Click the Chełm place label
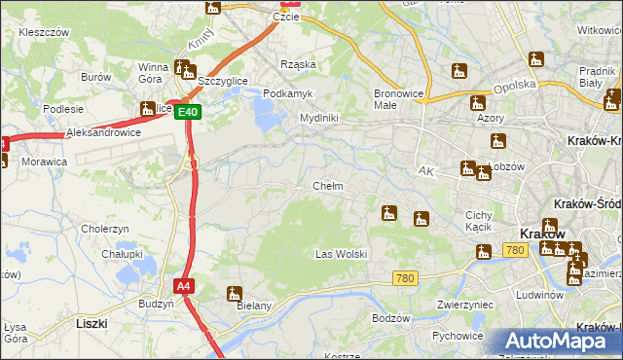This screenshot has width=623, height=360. coord(327,186)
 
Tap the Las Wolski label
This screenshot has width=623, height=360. coord(341,254)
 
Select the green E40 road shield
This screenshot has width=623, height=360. coord(189,112)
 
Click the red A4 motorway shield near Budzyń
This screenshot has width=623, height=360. coord(184,286)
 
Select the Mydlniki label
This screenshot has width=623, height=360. coord(318,118)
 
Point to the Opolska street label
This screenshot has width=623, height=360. coord(516,86)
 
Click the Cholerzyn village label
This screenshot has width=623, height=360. coord(106,229)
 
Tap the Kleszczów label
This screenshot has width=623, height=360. coord(44,32)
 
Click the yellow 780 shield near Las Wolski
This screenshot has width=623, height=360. coord(406,278)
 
